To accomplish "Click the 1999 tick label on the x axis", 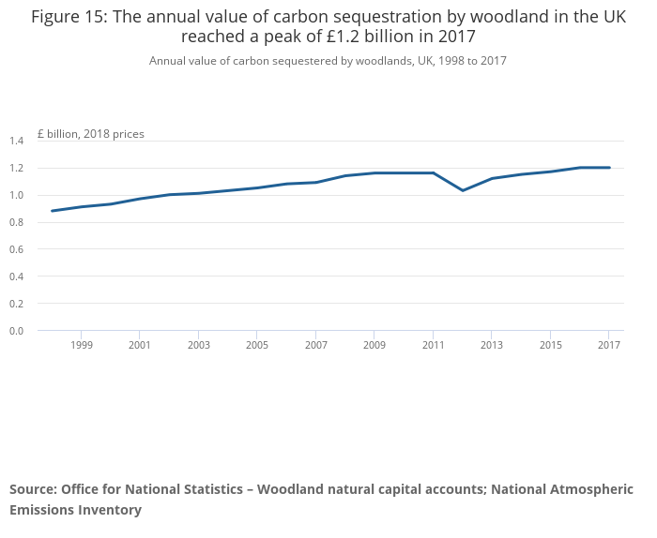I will [81, 346].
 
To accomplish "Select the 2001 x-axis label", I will [139, 346].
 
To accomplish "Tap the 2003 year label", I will [198, 346].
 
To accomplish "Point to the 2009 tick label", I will [374, 346].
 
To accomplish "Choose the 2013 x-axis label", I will [492, 346].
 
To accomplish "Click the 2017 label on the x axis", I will [609, 346].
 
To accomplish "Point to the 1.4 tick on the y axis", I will [16, 142].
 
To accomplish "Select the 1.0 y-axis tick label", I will [16, 196].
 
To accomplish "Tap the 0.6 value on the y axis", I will [16, 249].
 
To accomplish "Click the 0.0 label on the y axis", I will [16, 331].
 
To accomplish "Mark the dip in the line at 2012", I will [463, 190].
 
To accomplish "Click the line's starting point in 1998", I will [52, 211].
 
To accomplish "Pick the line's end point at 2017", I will [609, 168].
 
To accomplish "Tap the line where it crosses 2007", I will [316, 182].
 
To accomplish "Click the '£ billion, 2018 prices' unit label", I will [91, 134].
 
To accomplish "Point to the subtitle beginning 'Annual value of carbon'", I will [328, 61].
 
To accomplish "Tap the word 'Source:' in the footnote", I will [33, 489].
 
